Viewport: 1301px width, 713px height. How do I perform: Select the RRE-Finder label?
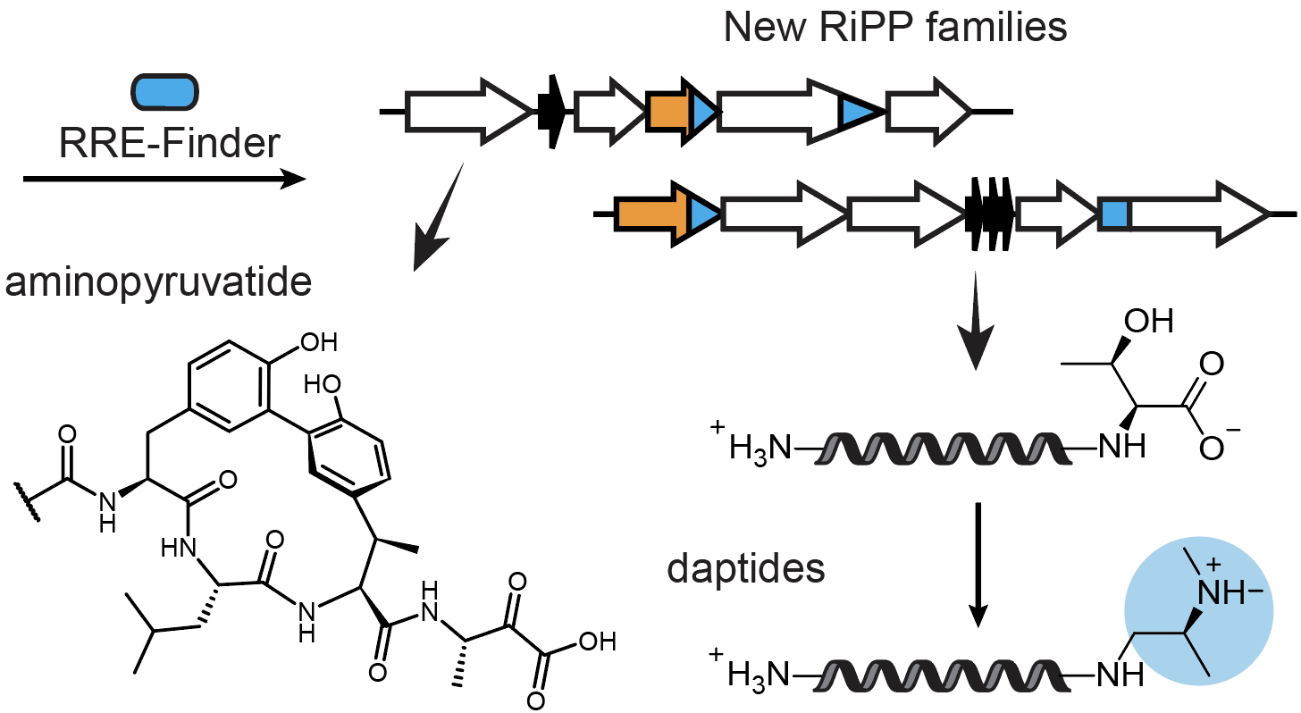[170, 143]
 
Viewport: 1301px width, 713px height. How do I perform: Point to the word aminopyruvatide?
[158, 284]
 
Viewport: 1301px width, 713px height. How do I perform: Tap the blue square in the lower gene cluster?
[1113, 215]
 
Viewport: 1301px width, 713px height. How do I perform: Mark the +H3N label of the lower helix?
[751, 672]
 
